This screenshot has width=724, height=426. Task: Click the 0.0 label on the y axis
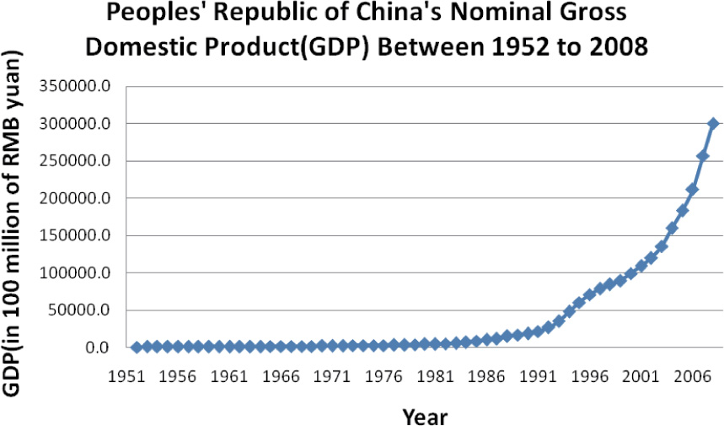[97, 348]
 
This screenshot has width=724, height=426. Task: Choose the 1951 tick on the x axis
[128, 375]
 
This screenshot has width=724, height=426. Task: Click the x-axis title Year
[424, 416]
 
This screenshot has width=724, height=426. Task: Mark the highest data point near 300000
[713, 123]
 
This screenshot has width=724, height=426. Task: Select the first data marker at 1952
[137, 347]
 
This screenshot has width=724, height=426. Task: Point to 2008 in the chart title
[617, 46]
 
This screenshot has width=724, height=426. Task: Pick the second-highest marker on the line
[703, 156]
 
